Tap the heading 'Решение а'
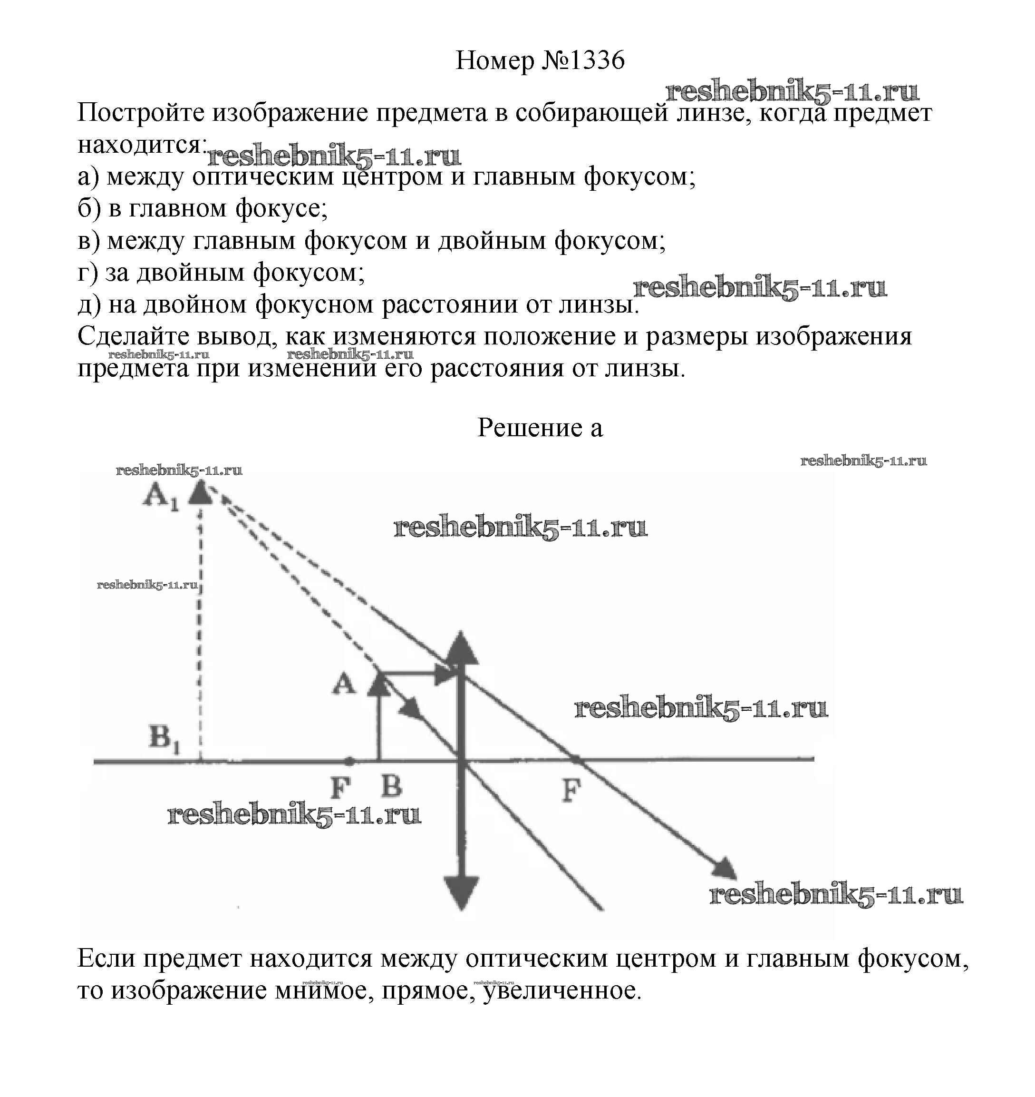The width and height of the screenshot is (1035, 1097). (540, 428)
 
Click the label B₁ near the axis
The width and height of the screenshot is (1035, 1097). (164, 737)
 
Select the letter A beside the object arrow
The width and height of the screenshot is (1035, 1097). (344, 685)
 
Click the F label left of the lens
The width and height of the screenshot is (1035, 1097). (341, 788)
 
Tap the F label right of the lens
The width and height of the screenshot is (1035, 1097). (571, 791)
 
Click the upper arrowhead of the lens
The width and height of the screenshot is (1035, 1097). (462, 649)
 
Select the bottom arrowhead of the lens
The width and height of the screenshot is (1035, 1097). (462, 890)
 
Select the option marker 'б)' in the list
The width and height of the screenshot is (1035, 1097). (89, 209)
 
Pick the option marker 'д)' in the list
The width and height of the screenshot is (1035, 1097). (89, 305)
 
